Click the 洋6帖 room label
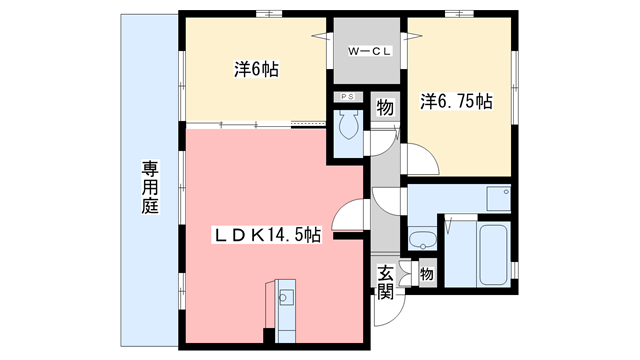(x=256, y=70)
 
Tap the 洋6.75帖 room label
(x=455, y=101)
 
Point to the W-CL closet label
(x=366, y=51)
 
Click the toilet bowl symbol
(x=348, y=125)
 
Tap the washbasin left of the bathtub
(x=423, y=240)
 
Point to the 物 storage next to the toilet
(x=384, y=108)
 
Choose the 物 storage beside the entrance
(x=426, y=271)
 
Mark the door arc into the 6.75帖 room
(x=419, y=158)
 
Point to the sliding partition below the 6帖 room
(x=255, y=125)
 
